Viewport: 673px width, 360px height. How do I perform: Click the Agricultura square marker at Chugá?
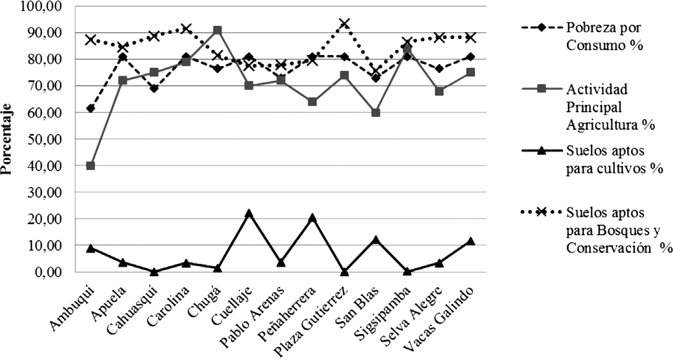tap(217, 30)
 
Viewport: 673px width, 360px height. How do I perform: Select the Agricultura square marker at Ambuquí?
tap(91, 165)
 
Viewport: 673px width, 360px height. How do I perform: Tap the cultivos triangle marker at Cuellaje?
tap(249, 213)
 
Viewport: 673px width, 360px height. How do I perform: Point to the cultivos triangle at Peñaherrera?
tap(312, 217)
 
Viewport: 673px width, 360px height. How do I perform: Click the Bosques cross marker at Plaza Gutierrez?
tap(344, 23)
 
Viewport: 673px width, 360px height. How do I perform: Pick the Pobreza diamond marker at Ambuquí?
tap(91, 109)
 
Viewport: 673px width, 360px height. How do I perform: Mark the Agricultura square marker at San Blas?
tap(375, 112)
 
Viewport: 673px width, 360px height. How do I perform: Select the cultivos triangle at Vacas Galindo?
tap(470, 241)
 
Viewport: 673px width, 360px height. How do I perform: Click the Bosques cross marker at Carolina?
tap(186, 28)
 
